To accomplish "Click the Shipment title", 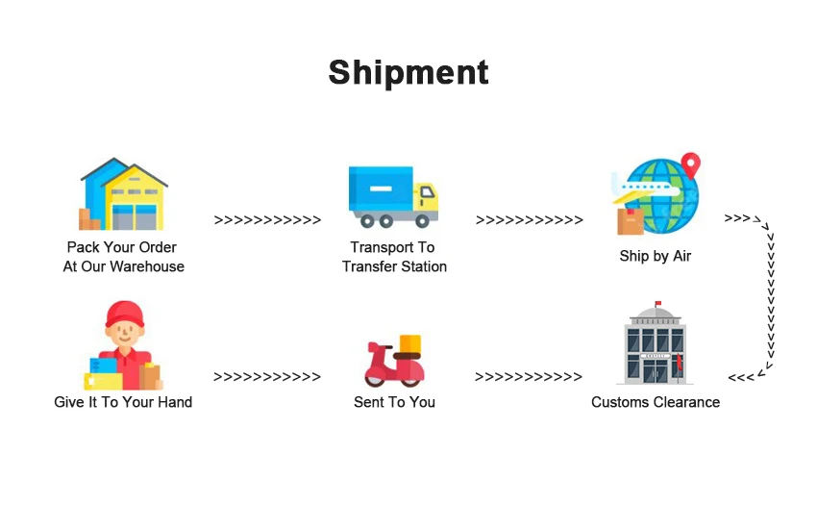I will tap(408, 72).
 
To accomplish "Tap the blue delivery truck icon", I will tap(392, 195).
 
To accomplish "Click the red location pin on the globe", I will tap(690, 164).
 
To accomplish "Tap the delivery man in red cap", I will tap(122, 346).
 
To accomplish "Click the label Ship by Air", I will tap(656, 257).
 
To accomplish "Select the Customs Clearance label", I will tap(656, 402).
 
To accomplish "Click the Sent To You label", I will tap(394, 402).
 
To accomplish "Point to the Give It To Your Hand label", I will tap(123, 402).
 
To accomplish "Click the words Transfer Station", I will tap(394, 266).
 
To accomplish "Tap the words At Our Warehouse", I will tap(123, 266).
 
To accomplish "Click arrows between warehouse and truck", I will tap(267, 220).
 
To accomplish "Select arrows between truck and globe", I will tap(529, 220).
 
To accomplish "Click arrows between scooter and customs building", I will tap(529, 377).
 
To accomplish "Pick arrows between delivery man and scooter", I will tap(267, 377).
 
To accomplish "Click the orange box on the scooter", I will tap(410, 344).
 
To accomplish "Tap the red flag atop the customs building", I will tap(659, 304).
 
